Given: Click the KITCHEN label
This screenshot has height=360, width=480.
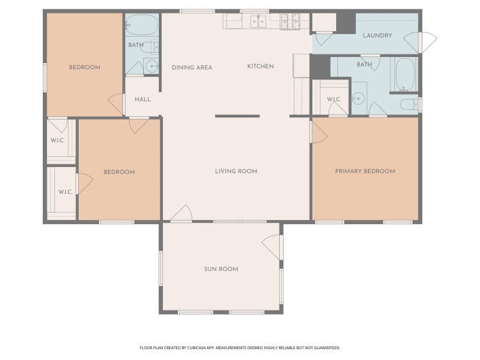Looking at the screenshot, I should tap(260, 66).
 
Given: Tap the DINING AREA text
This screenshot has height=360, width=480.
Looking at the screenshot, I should tap(191, 67).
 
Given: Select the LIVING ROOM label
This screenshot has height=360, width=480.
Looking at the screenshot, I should tap(236, 171).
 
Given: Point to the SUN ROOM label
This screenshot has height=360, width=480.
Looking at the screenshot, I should tap(221, 269).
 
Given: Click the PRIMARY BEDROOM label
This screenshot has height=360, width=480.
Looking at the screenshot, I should tap(365, 171).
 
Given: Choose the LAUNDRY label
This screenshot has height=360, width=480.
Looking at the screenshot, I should tap(377, 35).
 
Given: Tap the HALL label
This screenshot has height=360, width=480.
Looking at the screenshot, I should tap(143, 99).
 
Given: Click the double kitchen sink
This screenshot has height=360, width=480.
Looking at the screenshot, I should tap(257, 22).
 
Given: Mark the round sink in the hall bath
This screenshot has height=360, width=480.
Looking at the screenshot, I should tap(150, 67).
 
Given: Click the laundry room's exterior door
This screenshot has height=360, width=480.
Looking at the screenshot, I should tap(428, 41).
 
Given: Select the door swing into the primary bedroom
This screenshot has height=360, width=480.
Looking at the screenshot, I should tap(318, 131).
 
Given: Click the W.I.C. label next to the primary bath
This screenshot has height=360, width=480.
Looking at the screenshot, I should tap(333, 100).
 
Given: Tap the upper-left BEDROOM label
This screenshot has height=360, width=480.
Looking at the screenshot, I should tap(85, 67).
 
